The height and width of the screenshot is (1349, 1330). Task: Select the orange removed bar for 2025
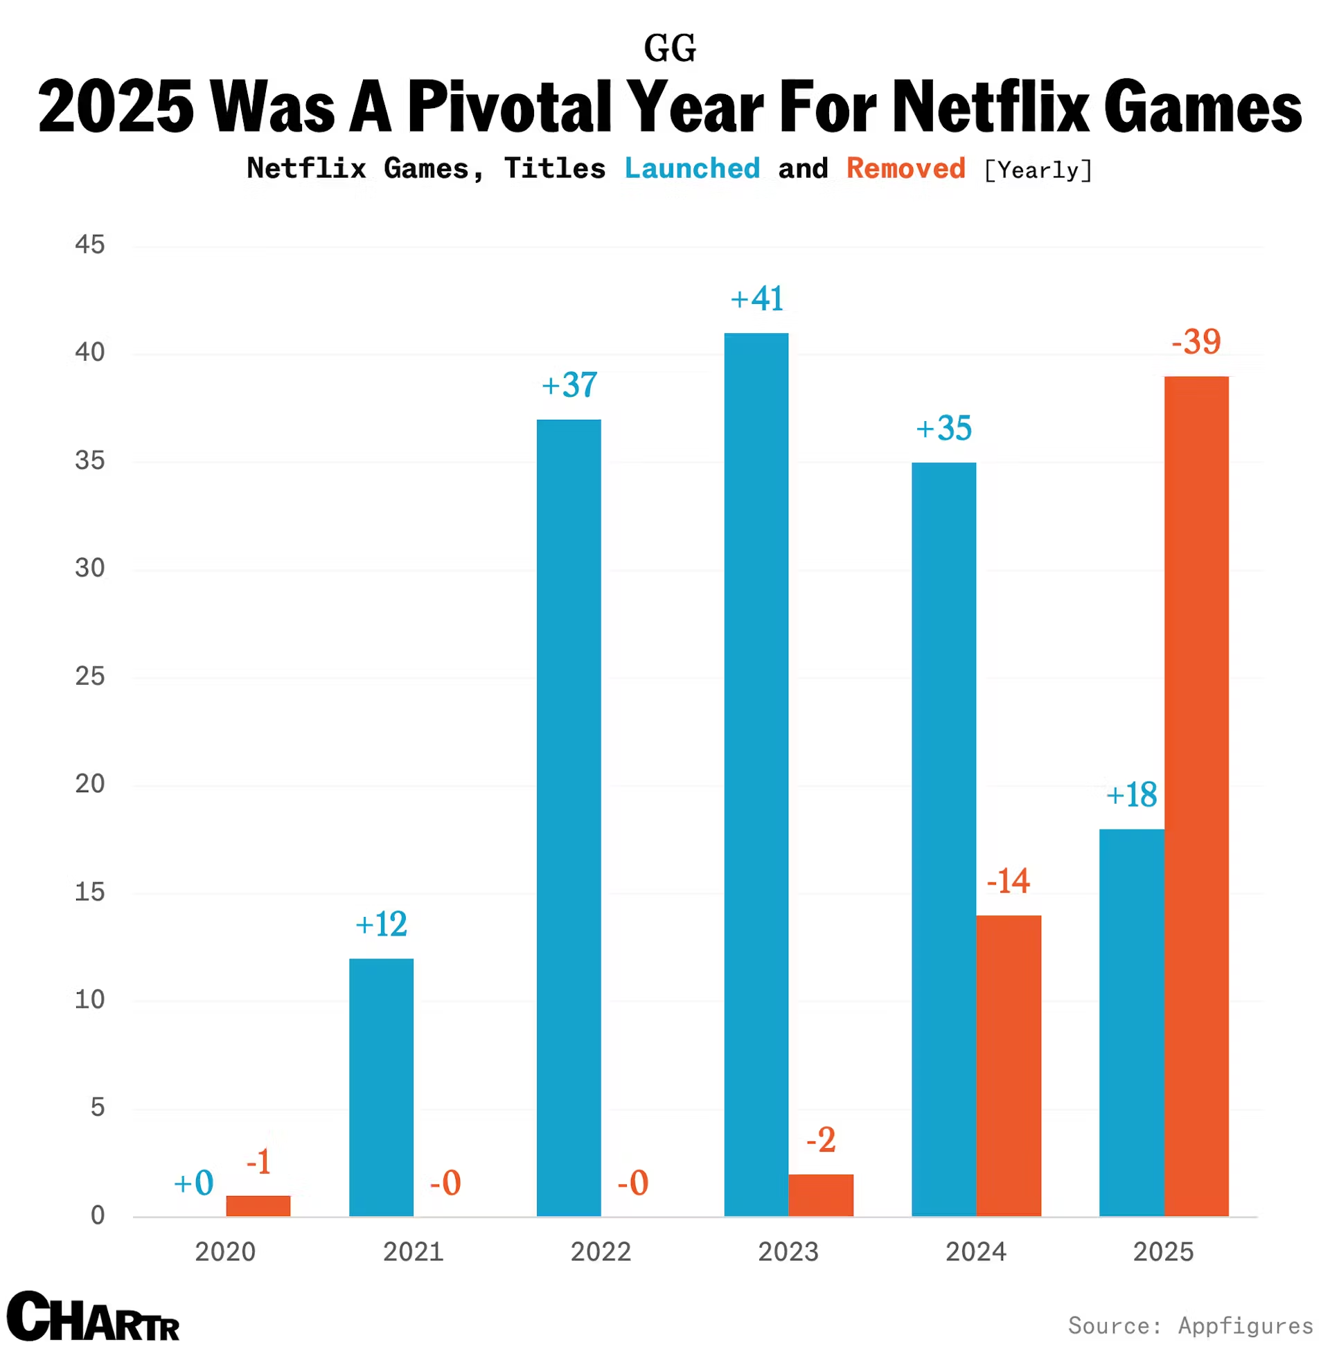click(1196, 796)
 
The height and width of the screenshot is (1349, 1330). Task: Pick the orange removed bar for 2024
click(1008, 1066)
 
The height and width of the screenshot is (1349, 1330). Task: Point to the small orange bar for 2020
click(258, 1206)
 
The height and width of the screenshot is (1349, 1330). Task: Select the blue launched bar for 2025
click(1131, 1022)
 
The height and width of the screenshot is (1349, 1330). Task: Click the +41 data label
click(757, 299)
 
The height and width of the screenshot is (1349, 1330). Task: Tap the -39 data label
click(1196, 342)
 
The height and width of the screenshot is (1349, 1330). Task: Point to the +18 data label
click(1131, 794)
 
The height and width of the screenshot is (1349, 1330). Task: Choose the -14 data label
click(1008, 881)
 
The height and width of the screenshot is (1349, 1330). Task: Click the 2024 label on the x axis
click(976, 1252)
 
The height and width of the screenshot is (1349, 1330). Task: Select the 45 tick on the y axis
click(90, 245)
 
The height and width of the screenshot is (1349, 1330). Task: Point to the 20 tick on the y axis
click(90, 784)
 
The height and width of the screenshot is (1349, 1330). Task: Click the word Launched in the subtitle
click(691, 169)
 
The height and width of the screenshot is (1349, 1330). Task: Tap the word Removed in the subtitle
click(906, 169)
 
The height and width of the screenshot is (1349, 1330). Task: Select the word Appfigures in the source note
click(1245, 1325)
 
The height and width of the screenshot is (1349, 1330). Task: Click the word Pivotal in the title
click(508, 106)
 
